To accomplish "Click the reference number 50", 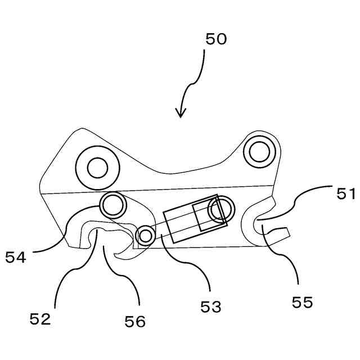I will click(216, 39).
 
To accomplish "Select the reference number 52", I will click(40, 319).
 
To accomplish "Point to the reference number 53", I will click(210, 307).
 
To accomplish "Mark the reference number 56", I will click(134, 321).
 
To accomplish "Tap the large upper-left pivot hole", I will click(97, 167).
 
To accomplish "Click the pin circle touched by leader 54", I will click(112, 206).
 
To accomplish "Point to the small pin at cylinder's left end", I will click(146, 236).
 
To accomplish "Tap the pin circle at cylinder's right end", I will click(219, 209).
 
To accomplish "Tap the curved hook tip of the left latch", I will click(119, 256).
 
